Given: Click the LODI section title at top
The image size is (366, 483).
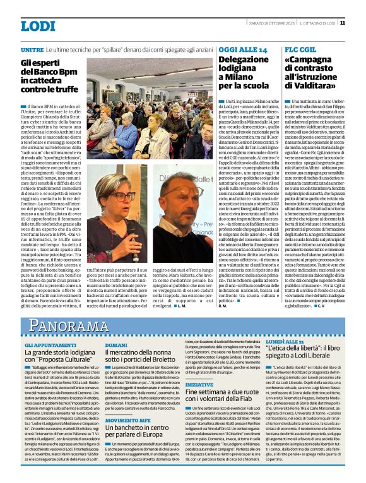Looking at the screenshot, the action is [x=38, y=26].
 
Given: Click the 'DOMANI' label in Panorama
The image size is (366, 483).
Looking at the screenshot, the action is [x=116, y=346].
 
